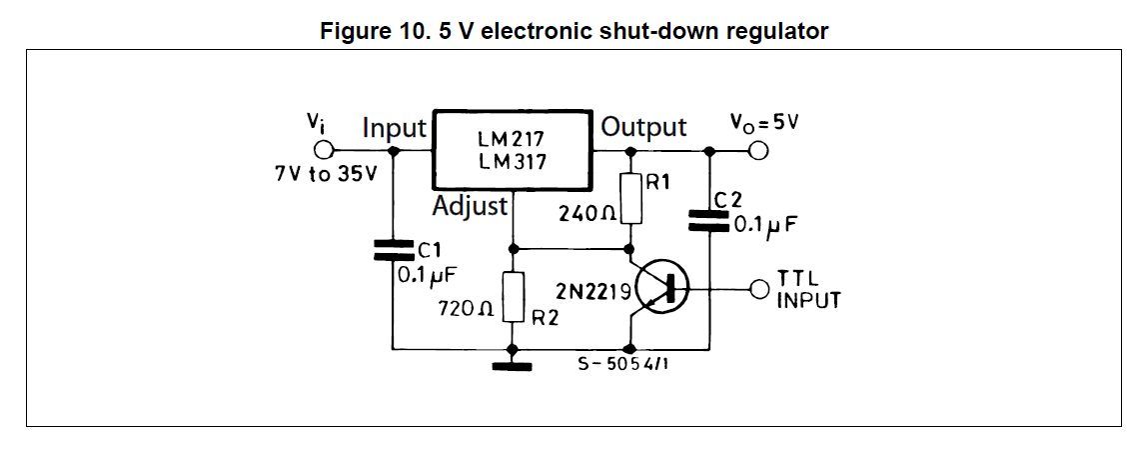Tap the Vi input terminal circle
tap(322, 151)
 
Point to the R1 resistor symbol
tap(629, 198)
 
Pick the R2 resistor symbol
tap(514, 296)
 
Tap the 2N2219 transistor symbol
tap(655, 289)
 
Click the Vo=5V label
tap(765, 124)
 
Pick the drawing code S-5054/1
tap(622, 365)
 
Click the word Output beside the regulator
tap(643, 128)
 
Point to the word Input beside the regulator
tap(395, 128)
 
